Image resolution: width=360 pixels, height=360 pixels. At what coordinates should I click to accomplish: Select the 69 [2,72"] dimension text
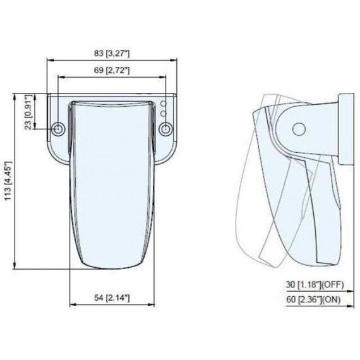pos(112,70)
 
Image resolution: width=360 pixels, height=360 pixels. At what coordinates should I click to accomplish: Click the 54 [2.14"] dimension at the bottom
pos(112,297)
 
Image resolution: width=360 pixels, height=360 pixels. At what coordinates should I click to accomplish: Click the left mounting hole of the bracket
pos(59,129)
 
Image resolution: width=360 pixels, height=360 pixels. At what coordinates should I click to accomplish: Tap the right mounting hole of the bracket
pos(166,129)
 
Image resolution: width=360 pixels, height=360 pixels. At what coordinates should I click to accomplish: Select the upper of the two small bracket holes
pos(163,103)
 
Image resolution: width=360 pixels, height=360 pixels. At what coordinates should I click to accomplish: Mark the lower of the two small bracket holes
pos(163,113)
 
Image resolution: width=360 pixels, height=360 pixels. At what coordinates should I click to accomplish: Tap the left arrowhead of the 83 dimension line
pos(50,61)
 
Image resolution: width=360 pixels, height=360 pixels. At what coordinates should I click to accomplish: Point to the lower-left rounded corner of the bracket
pos(56,157)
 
